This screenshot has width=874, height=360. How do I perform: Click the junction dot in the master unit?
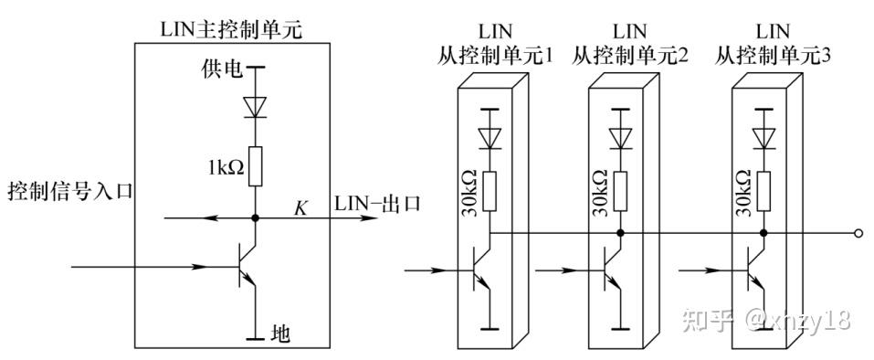coord(256,218)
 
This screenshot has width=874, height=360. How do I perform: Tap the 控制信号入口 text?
coord(70,193)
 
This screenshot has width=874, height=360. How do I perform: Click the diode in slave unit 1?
coord(491,137)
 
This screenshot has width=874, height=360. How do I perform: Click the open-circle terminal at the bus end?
coord(857,233)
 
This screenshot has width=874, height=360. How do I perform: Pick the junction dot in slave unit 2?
coord(621,233)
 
